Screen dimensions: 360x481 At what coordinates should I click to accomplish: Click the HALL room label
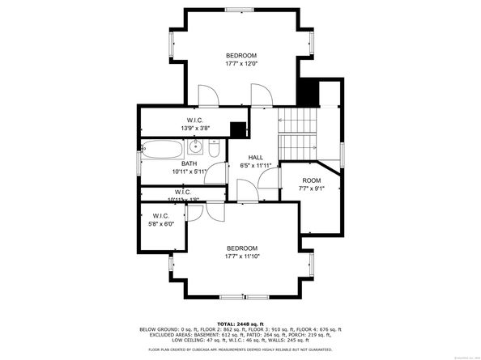256,157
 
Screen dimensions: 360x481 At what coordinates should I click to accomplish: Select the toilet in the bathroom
211,150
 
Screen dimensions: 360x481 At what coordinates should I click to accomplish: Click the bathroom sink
195,147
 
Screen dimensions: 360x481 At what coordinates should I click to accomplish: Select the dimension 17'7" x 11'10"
241,256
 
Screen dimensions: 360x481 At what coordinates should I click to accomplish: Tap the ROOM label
312,180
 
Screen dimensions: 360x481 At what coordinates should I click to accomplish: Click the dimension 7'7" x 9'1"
312,189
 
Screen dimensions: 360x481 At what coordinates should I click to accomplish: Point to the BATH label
189,163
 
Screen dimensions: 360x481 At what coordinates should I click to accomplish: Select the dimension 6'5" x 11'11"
256,165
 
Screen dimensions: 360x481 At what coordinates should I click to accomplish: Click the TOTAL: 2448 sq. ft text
240,323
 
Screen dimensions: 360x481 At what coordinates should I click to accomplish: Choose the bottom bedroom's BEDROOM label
241,248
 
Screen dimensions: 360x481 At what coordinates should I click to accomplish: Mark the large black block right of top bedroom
308,91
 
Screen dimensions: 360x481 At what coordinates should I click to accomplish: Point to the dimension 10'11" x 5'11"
189,172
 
